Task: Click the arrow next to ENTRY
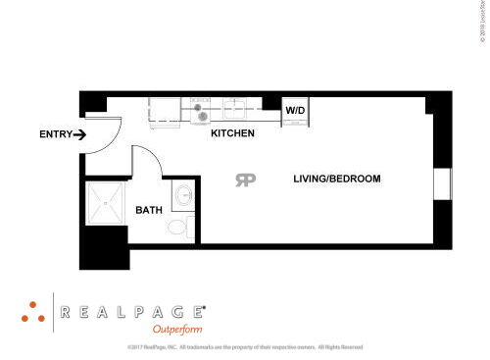point(79,134)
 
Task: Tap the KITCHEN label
point(233,132)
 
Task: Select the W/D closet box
point(295,112)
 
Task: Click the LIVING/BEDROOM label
point(336,179)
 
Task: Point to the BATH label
point(149,210)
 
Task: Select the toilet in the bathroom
point(179,228)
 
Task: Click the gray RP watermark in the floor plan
point(246,179)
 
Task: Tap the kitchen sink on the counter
point(238,109)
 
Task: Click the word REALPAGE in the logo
point(132,312)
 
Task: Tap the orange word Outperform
point(176,330)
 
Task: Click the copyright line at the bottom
point(245,347)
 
